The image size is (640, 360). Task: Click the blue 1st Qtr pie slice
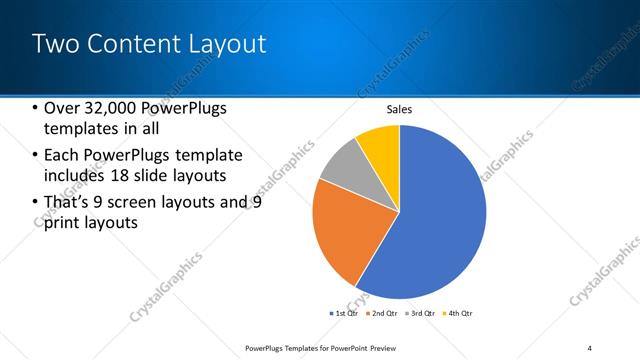(x=440, y=220)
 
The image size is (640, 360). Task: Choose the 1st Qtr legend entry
(x=346, y=313)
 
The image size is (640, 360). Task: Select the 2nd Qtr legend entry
(x=383, y=313)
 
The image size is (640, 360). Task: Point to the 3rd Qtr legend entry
(x=419, y=313)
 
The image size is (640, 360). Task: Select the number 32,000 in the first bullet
(x=113, y=109)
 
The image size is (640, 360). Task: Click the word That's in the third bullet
(x=70, y=201)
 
